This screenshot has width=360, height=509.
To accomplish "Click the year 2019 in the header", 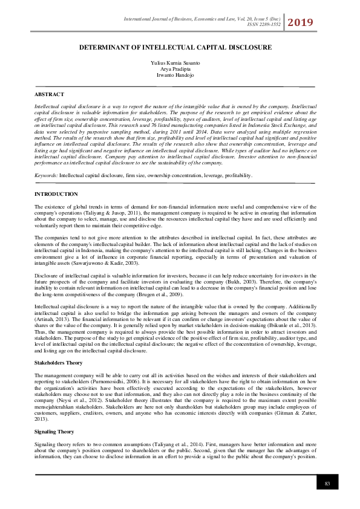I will click(x=300, y=23).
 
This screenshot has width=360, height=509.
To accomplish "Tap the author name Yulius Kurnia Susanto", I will click(x=180, y=63).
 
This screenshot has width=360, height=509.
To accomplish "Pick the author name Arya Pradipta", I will click(x=180, y=69).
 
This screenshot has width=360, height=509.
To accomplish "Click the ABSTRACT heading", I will click(x=49, y=95).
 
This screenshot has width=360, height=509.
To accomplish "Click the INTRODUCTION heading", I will click(x=56, y=194).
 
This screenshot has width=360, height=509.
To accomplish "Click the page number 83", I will click(x=327, y=483).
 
